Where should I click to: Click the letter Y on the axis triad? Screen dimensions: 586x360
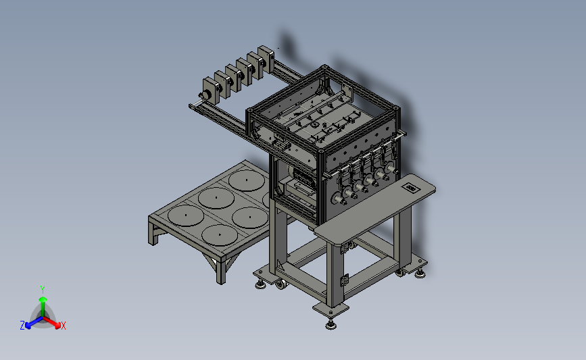pos(43,290)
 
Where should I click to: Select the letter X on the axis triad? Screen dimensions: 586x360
pos(63,326)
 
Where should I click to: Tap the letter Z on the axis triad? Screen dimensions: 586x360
pos(22,326)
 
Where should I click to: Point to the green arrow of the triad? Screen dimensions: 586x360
pos(43,306)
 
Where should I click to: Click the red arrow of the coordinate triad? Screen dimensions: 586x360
pos(51,322)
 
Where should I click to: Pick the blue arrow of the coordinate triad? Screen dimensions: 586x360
pos(34,322)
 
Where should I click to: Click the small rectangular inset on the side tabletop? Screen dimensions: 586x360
pos(410,188)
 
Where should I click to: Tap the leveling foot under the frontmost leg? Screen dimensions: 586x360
pos(331,324)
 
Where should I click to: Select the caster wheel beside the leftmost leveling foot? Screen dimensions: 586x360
pos(280,284)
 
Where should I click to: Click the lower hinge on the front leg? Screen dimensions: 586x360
pos(344,280)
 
